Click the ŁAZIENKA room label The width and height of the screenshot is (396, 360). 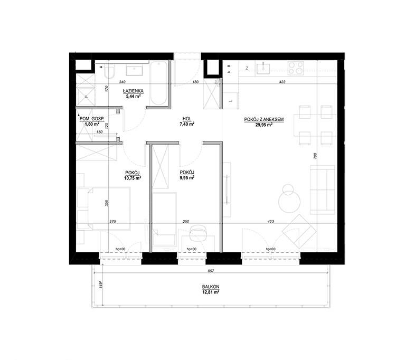point(133,91)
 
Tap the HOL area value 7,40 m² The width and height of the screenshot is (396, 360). point(187,124)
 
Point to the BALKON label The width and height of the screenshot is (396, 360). point(211,287)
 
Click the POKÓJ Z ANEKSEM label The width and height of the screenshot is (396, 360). point(264,119)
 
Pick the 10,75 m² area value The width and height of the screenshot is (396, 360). point(133,178)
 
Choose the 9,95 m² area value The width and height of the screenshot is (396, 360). point(187,178)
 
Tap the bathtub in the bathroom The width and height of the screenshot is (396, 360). point(158,84)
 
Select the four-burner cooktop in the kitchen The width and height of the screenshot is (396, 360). point(296,68)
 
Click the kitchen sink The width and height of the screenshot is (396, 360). point(263,69)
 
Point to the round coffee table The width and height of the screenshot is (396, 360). point(289,201)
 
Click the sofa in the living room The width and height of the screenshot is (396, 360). point(323,190)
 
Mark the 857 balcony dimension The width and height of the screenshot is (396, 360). point(211,271)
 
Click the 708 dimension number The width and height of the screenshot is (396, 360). point(315,156)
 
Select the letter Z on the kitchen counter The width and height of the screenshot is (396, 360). point(247,68)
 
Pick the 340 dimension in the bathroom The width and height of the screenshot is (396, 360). point(122,82)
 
